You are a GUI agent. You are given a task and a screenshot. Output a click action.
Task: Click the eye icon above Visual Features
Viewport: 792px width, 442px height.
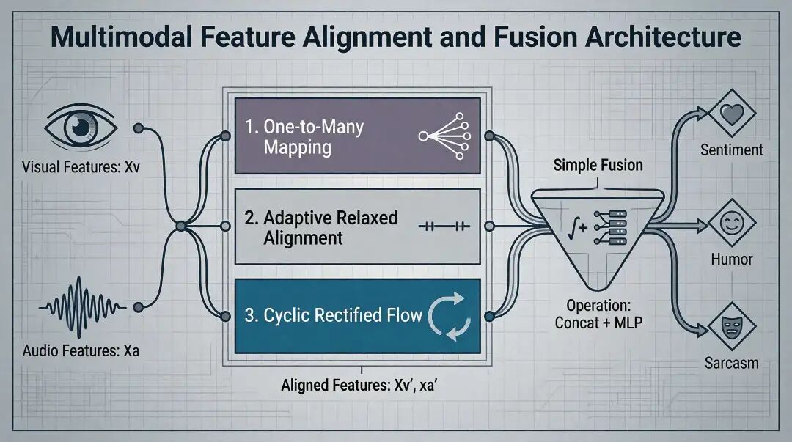[x=81, y=126]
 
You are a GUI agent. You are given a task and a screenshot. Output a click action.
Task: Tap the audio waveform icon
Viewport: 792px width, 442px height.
[x=82, y=306]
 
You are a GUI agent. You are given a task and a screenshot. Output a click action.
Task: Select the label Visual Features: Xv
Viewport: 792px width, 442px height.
[x=81, y=166]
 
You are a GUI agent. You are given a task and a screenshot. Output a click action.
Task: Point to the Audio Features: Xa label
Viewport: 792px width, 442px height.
[x=81, y=350]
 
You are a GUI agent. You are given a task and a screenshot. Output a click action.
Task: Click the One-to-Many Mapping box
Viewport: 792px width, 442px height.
[x=358, y=136]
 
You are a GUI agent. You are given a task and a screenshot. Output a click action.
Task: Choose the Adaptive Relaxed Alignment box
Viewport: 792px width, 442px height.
[x=358, y=226]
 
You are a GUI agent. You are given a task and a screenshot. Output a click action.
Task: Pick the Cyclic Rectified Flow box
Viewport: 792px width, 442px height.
[x=358, y=316]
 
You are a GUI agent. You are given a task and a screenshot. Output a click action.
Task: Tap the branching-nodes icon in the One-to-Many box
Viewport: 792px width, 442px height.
[x=444, y=136]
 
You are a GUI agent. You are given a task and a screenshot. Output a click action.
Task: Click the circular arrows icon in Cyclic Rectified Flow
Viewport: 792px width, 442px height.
[x=450, y=316]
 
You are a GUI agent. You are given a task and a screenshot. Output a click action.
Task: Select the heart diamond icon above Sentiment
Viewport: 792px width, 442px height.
[x=732, y=114]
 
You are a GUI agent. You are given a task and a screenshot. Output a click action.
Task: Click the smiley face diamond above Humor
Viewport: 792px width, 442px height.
[x=732, y=223]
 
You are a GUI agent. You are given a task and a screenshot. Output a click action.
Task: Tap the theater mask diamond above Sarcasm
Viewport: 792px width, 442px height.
[x=732, y=327]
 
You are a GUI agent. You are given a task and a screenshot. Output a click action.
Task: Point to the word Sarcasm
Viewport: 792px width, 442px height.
[x=732, y=363]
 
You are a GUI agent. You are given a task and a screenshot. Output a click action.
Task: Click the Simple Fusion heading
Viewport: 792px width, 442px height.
[x=598, y=165]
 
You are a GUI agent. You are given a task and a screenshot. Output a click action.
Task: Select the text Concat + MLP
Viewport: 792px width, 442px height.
[x=598, y=323]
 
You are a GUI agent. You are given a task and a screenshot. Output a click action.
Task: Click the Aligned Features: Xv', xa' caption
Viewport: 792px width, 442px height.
[x=359, y=386]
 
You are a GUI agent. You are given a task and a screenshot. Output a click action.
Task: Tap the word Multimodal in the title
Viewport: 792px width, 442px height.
[x=122, y=37]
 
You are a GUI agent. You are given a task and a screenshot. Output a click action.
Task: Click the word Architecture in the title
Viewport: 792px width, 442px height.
[x=663, y=37]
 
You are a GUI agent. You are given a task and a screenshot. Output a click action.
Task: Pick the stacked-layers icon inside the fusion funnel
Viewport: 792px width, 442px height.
[x=611, y=227]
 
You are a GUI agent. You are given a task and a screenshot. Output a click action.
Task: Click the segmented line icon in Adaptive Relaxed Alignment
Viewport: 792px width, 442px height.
[x=444, y=226]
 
